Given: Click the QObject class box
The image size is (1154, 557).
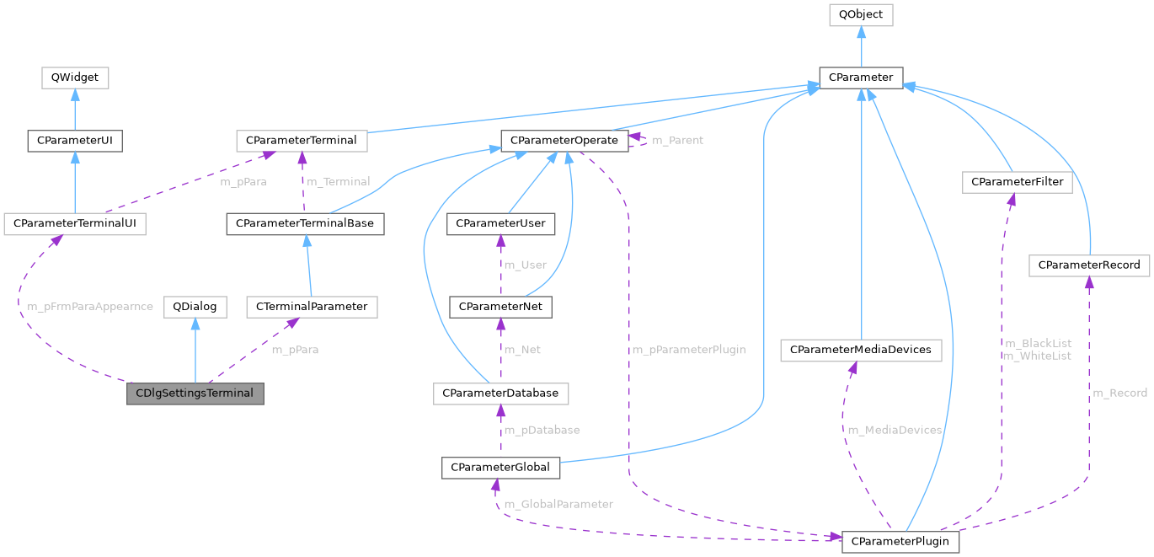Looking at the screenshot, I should (x=860, y=14).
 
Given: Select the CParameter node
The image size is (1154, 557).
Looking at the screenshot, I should (x=861, y=78).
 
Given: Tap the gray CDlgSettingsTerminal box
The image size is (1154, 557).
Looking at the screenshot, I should (x=195, y=394).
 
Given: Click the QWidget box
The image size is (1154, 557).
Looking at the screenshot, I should (x=75, y=78).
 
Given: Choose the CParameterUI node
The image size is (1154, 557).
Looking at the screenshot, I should (x=75, y=141).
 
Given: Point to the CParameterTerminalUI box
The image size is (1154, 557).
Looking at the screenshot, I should (x=75, y=224).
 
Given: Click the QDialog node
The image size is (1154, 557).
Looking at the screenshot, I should (x=195, y=307).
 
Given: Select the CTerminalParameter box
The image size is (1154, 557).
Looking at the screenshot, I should (x=312, y=307).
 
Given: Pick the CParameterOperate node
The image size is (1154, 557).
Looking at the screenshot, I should (x=564, y=141).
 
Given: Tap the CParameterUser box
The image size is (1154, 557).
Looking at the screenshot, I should (x=500, y=224).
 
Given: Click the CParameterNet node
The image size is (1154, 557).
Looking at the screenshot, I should (x=500, y=307).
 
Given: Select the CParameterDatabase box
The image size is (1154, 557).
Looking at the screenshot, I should (x=500, y=394).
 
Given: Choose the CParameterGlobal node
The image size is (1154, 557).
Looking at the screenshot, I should (x=500, y=467).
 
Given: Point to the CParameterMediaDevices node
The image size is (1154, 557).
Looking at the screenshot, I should (x=860, y=349).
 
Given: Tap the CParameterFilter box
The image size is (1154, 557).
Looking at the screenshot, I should (x=1018, y=182).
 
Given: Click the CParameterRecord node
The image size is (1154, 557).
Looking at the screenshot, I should (x=1089, y=265).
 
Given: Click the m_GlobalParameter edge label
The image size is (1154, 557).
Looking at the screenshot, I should (x=558, y=504).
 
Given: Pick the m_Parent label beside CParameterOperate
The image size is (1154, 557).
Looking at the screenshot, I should (x=678, y=140).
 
